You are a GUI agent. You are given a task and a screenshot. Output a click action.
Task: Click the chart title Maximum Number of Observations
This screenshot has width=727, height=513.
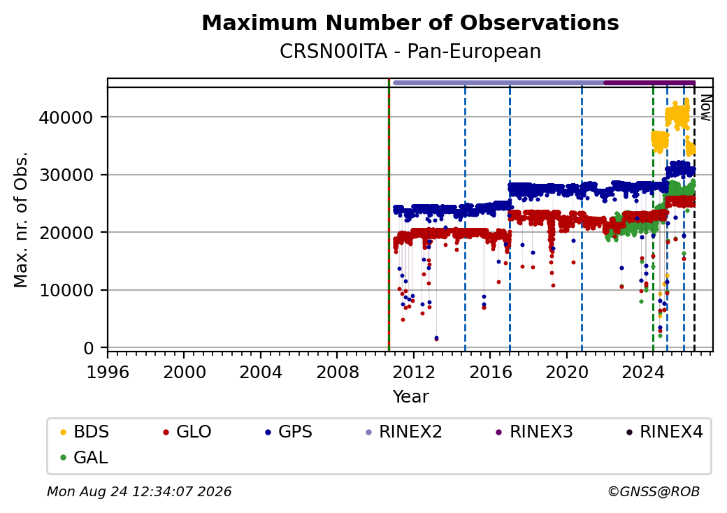tap(410, 22)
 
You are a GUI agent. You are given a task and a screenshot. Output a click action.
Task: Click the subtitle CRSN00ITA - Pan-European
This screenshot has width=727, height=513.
tap(410, 52)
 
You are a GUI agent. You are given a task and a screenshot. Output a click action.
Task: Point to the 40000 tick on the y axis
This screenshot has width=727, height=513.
tap(66, 117)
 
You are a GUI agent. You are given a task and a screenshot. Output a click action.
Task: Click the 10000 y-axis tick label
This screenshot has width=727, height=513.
tap(66, 291)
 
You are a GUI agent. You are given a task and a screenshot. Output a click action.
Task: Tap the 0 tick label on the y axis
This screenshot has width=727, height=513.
tap(89, 349)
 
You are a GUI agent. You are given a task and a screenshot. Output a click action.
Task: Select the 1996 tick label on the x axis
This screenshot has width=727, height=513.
tap(108, 372)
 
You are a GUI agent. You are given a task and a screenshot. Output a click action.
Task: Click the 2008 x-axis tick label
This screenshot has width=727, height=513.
tap(337, 372)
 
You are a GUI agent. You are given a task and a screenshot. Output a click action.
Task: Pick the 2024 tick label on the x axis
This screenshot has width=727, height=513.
tap(642, 372)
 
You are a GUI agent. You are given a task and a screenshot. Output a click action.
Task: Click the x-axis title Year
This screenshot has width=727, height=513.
tap(411, 397)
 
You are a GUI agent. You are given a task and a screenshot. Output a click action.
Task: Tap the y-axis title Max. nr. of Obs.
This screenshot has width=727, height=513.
tap(21, 219)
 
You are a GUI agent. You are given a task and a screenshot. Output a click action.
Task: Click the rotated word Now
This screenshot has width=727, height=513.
tap(705, 108)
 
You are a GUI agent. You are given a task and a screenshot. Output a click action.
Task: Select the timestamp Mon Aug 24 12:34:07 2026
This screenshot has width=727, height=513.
tap(139, 491)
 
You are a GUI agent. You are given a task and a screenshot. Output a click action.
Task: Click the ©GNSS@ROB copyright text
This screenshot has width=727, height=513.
tap(654, 491)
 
